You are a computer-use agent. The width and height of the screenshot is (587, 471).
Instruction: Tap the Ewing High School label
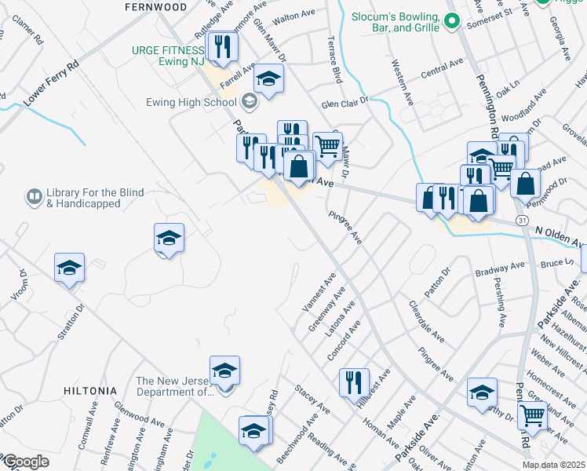click(x=191, y=102)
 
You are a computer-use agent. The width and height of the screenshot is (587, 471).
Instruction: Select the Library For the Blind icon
click(x=34, y=195)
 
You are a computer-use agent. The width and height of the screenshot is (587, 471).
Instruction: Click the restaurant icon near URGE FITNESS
click(x=225, y=46)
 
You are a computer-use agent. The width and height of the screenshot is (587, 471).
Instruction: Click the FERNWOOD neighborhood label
click(x=156, y=7)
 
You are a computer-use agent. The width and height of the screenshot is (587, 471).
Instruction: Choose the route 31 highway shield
click(x=521, y=221)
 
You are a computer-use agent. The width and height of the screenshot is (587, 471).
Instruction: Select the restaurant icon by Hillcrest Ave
click(x=354, y=382)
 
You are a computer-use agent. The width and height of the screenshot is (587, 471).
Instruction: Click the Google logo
click(x=25, y=462)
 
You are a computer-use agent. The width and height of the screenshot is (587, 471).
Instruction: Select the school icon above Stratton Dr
click(x=69, y=268)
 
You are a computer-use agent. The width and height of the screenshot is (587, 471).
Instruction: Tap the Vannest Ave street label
click(x=319, y=290)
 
